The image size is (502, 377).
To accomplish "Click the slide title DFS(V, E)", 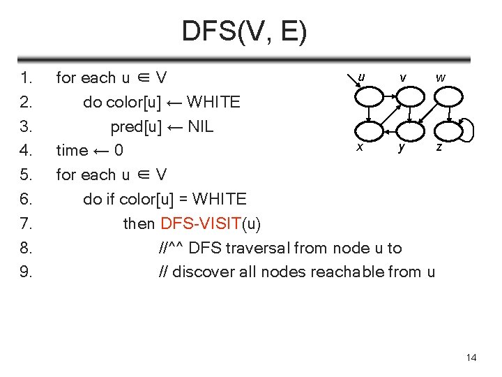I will (x=243, y=31).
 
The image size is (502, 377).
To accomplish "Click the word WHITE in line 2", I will (x=214, y=102).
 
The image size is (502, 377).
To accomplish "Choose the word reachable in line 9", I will (x=347, y=272).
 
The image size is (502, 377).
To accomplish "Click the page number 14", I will (x=471, y=358).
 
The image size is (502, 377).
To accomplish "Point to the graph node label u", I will (x=360, y=77).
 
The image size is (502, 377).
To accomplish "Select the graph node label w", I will (x=441, y=77).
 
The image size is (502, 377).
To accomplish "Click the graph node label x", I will (x=359, y=147).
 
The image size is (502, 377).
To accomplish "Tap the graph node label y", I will (x=401, y=147).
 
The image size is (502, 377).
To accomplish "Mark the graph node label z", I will (x=439, y=147).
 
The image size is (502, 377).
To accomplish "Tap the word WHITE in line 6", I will (x=219, y=199).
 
